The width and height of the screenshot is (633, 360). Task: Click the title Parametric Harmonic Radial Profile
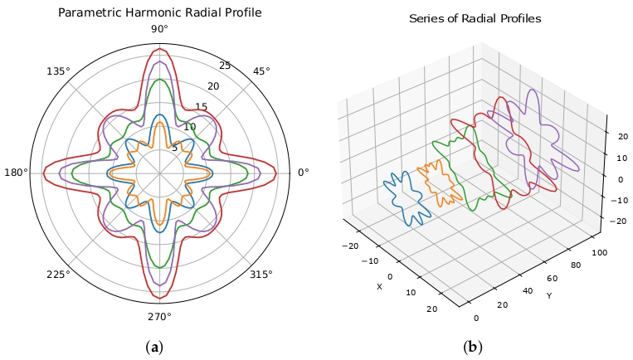(x=159, y=12)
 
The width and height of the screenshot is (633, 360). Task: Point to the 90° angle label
(x=159, y=30)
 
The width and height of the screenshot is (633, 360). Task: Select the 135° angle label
(x=59, y=71)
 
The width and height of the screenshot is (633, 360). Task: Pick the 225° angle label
(x=59, y=275)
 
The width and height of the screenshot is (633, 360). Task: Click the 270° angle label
(x=159, y=316)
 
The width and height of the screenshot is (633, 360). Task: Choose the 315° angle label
(x=261, y=275)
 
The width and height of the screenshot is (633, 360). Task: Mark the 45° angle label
(x=261, y=71)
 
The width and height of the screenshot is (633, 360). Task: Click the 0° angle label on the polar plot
(x=303, y=173)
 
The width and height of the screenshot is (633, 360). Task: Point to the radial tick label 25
(x=225, y=66)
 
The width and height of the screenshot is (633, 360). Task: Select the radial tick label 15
(x=201, y=107)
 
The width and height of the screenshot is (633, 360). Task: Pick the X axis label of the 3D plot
(x=379, y=287)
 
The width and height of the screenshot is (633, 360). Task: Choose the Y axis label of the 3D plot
(x=548, y=294)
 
